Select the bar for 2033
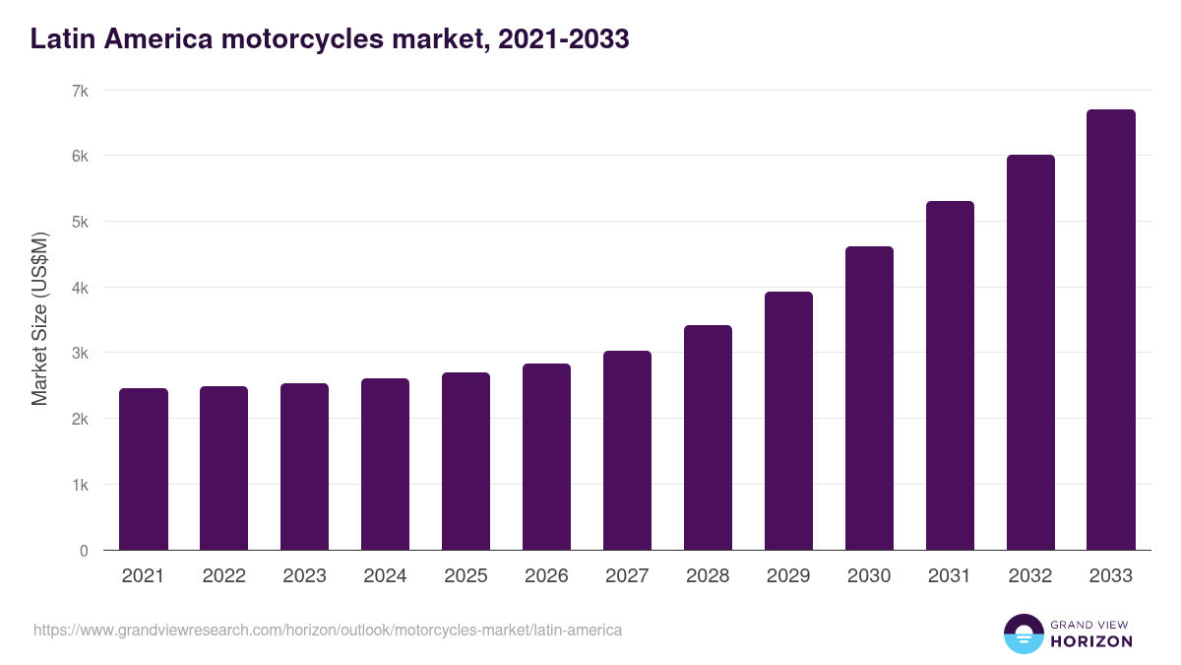point(1111,330)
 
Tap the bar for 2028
point(708,437)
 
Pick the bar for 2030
point(869,398)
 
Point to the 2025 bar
point(466,461)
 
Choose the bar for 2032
point(1030,353)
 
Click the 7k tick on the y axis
point(80,91)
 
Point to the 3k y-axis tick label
point(80,353)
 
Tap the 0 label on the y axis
point(84,551)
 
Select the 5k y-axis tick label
point(80,222)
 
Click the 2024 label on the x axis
point(385,576)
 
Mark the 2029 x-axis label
point(788,576)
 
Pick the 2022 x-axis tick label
point(223,576)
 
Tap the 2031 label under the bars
point(950,576)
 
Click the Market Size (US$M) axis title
point(39,319)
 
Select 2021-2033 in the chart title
point(564,39)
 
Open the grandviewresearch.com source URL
point(328,630)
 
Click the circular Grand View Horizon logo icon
point(1024,634)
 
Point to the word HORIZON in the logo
point(1092,641)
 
